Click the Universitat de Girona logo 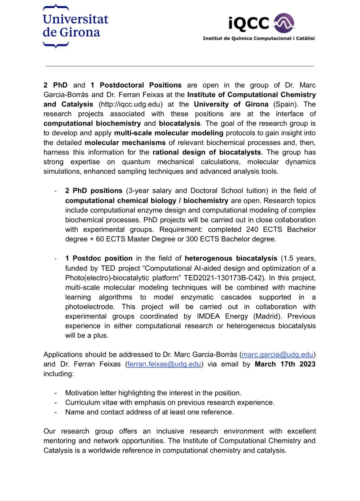click(x=75, y=26)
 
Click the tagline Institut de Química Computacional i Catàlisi click(x=259, y=38)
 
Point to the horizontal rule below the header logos click(x=180, y=66)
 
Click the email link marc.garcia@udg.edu click(x=277, y=354)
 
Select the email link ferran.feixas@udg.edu click(x=164, y=364)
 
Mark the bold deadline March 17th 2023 click(x=285, y=364)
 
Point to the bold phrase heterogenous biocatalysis click(x=231, y=258)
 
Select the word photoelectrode click(x=90, y=306)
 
